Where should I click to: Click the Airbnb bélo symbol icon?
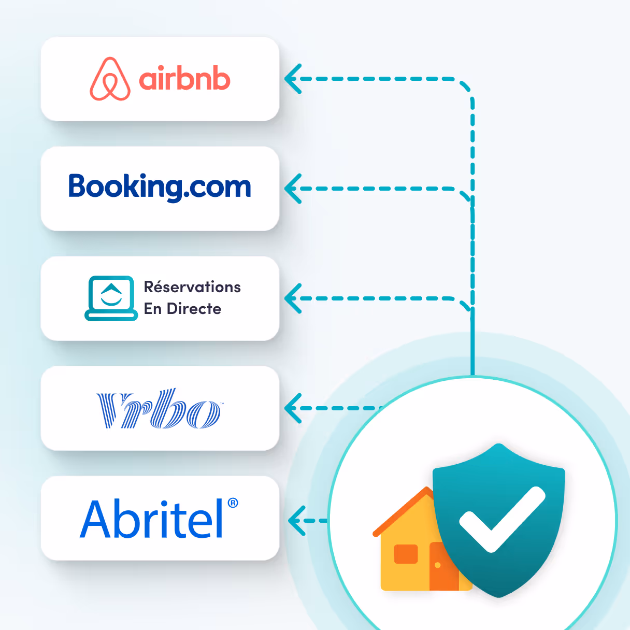(x=110, y=79)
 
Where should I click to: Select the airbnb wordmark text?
(x=184, y=79)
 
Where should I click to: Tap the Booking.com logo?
(x=160, y=187)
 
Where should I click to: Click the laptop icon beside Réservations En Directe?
(x=111, y=298)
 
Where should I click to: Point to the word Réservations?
(x=192, y=287)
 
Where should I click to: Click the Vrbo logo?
(x=159, y=409)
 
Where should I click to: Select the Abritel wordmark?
(x=152, y=519)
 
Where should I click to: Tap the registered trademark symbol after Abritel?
(x=233, y=503)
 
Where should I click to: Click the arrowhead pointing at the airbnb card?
(x=292, y=79)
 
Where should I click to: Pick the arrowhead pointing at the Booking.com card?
(x=292, y=188)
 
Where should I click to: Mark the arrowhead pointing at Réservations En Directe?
(x=292, y=298)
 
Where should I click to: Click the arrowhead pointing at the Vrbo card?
(x=292, y=408)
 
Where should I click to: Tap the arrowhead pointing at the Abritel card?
(x=296, y=520)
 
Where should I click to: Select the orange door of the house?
(x=443, y=567)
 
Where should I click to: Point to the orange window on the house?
(x=406, y=554)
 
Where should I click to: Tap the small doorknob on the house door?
(x=438, y=565)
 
